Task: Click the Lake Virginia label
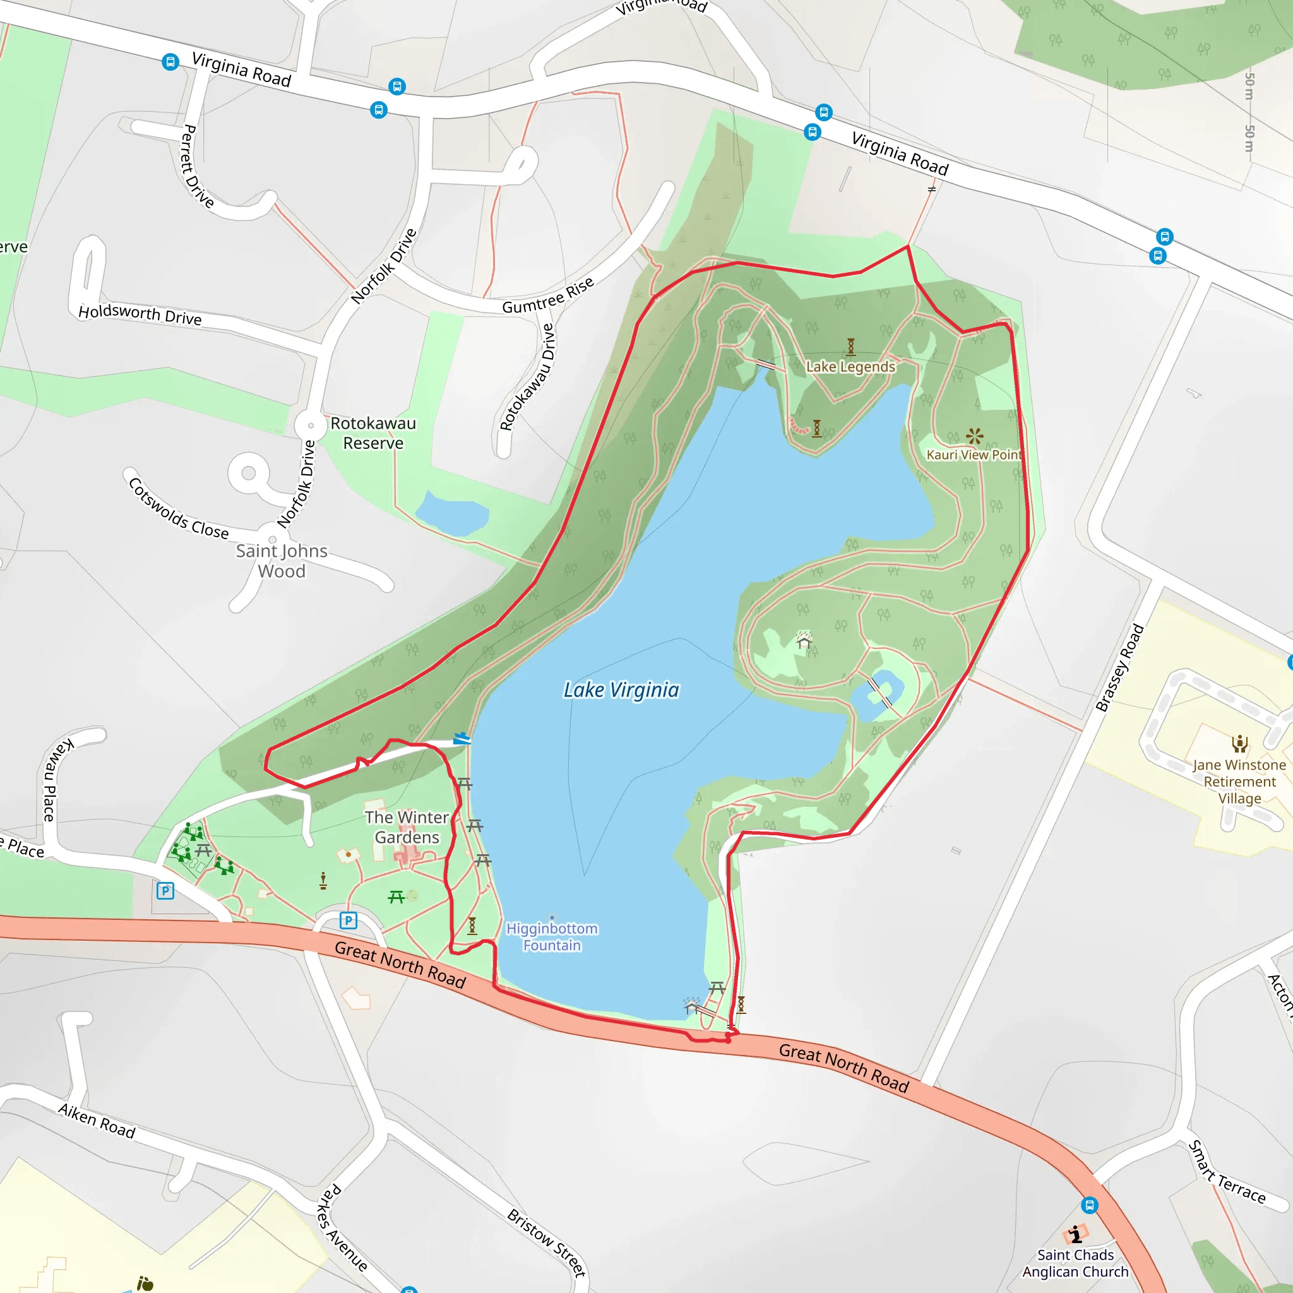(621, 690)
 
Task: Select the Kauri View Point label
(974, 455)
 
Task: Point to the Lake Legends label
(850, 367)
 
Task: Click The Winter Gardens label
(407, 827)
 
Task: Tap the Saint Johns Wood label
(282, 561)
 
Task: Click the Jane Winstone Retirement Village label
(1239, 782)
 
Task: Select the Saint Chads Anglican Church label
(1075, 1263)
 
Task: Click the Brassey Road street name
(1119, 667)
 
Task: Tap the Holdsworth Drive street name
(140, 314)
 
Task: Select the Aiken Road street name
(97, 1121)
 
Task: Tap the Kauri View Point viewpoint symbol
(974, 436)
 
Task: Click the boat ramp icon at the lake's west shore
(462, 739)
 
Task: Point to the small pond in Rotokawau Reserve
(452, 514)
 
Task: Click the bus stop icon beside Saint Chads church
(1090, 1205)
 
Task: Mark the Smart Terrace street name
(1227, 1172)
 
